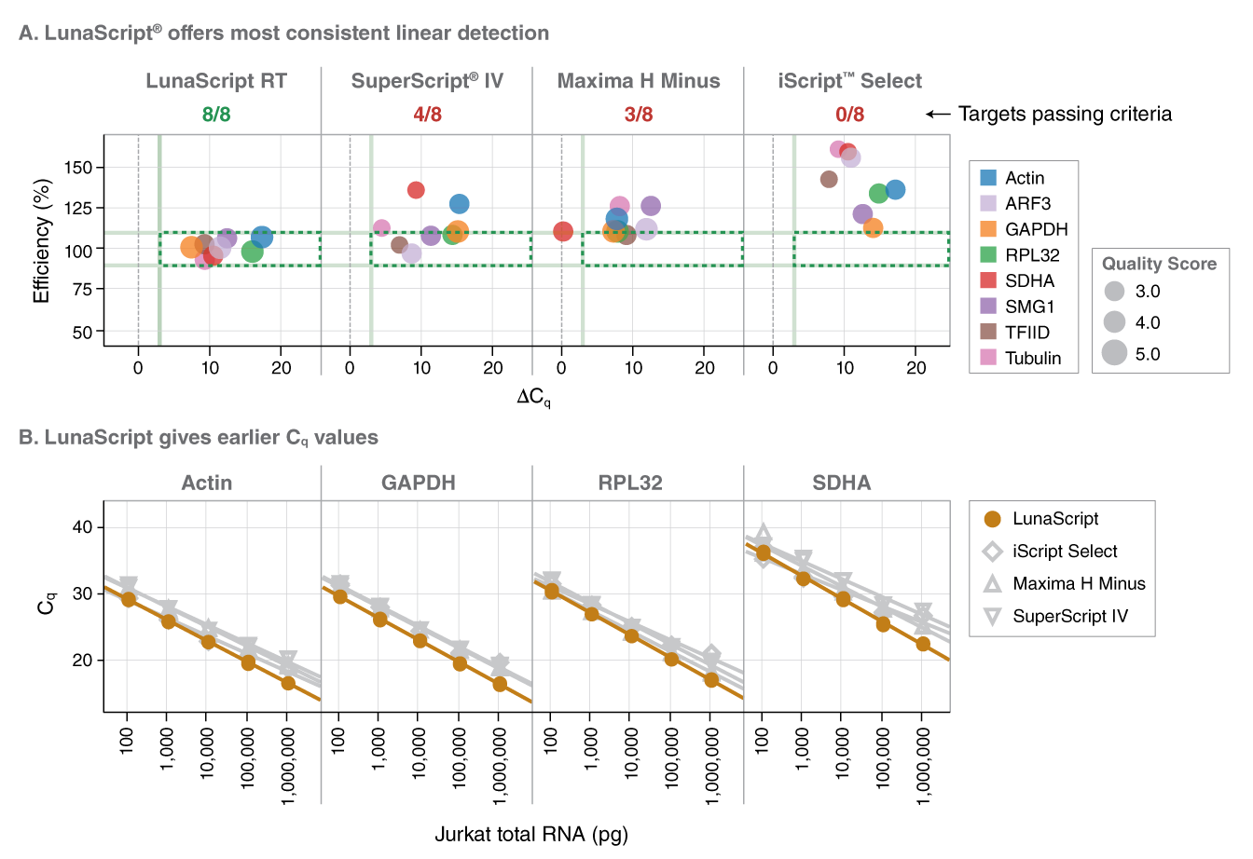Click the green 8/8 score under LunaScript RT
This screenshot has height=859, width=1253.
pos(216,115)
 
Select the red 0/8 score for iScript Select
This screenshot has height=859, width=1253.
pos(849,115)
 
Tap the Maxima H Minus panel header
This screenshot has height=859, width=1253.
pos(639,81)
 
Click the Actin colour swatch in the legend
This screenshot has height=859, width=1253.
pos(989,178)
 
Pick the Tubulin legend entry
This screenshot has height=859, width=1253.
pos(1032,358)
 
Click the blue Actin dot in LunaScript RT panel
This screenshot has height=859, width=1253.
pos(262,238)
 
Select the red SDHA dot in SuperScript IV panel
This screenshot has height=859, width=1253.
pos(416,190)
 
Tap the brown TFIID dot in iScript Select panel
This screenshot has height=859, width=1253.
pos(829,179)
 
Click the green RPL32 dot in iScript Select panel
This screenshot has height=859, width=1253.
pos(878,194)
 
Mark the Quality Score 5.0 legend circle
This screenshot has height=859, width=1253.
pos(1114,353)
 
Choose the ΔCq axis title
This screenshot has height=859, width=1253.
pos(533,398)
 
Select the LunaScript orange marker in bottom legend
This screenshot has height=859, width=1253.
pos(993,519)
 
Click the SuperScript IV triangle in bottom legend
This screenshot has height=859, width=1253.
pos(993,616)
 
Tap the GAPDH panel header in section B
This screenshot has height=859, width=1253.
pos(418,483)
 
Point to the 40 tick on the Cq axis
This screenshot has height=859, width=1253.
pos(82,527)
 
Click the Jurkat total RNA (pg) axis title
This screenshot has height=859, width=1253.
pos(531,834)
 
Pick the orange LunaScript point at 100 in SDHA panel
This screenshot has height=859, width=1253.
pos(764,552)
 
